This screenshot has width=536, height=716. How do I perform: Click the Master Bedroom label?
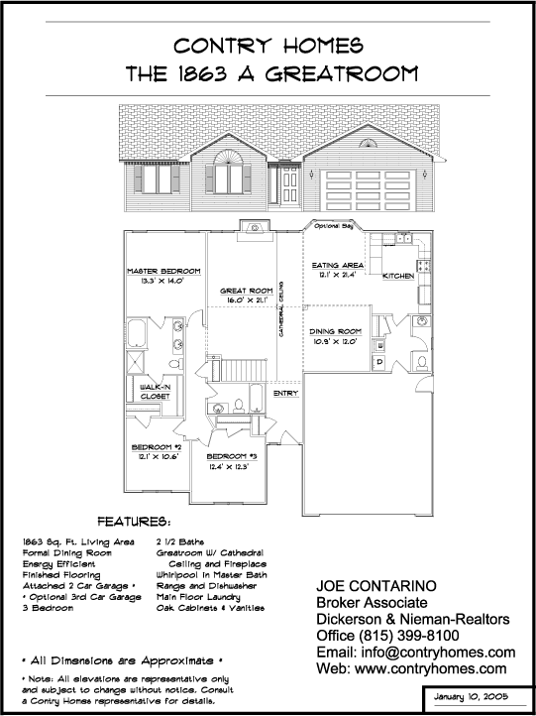[x=163, y=272]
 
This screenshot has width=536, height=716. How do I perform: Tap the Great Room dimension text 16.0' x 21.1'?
[x=247, y=300]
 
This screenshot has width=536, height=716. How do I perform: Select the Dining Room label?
[x=335, y=331]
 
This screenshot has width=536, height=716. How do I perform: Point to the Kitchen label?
[x=398, y=276]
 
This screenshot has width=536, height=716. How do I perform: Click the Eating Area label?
[x=338, y=266]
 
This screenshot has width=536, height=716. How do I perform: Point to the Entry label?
[x=285, y=393]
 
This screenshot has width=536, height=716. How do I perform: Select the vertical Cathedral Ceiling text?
[x=282, y=309]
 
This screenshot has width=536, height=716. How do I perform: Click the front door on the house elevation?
[x=289, y=184]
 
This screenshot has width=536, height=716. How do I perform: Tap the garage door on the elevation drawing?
[x=369, y=190]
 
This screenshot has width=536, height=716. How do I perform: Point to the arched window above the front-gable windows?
[x=228, y=157]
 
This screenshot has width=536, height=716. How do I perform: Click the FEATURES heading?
[x=135, y=522]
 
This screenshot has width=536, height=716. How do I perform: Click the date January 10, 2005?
[x=471, y=697]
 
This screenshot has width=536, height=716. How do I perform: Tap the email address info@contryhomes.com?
[x=438, y=653]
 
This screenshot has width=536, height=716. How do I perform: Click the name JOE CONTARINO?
[x=376, y=586]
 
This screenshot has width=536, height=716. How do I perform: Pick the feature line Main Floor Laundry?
[x=198, y=597]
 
